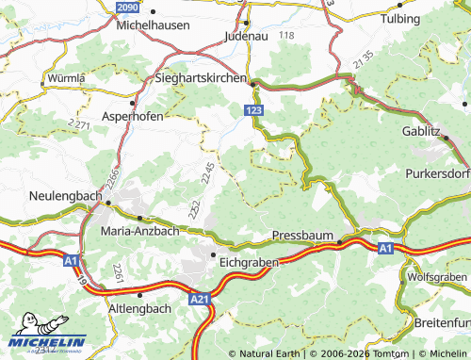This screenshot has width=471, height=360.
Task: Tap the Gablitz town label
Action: pos(421,131)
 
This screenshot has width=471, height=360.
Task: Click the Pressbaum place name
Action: pos(300,234)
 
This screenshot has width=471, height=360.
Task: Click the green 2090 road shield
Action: pos(128,7)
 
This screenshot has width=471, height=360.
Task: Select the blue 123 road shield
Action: pos(252,111)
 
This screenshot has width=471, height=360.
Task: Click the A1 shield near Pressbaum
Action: pos(385,248)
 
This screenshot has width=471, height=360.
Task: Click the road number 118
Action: pos(286,35)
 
